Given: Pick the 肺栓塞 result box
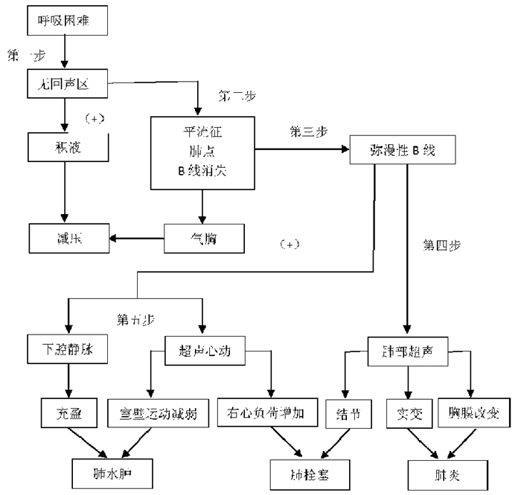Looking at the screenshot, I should pos(304,470).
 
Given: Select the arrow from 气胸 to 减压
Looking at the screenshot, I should pos(137,239).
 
